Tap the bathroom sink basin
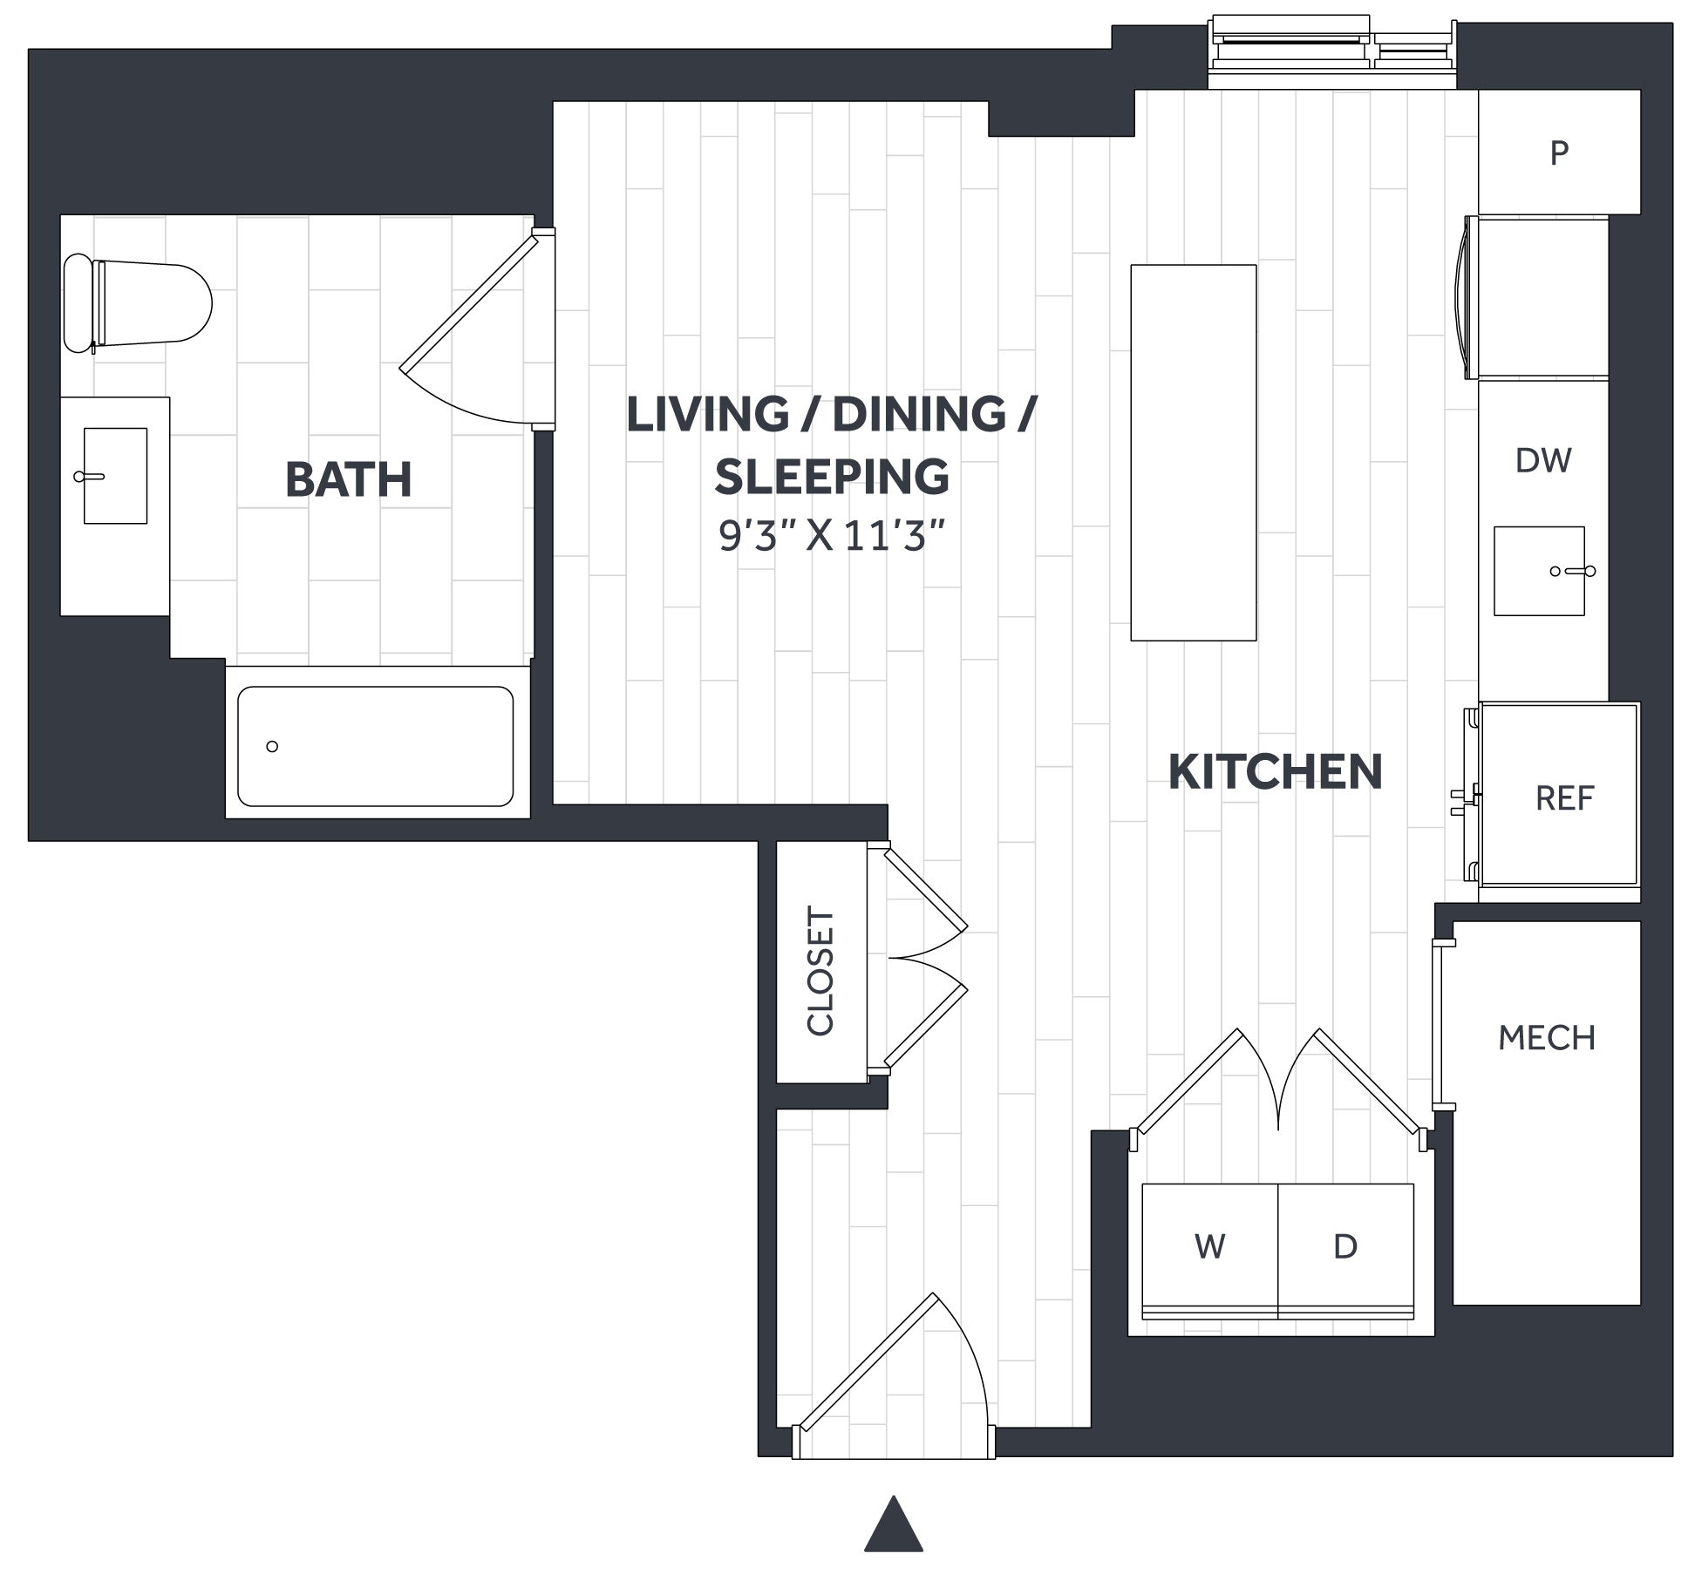[115, 476]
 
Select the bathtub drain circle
[272, 746]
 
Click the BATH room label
[349, 479]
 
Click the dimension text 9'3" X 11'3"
[832, 535]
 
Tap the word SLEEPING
[832, 476]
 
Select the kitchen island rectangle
[1194, 452]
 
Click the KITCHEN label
[1275, 772]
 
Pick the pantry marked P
[1559, 153]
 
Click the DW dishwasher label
[1543, 460]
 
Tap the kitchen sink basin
[1539, 571]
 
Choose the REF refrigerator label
[1564, 798]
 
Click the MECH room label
[1547, 1038]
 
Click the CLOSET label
[820, 971]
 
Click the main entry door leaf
[868, 1361]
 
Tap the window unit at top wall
[1332, 51]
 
